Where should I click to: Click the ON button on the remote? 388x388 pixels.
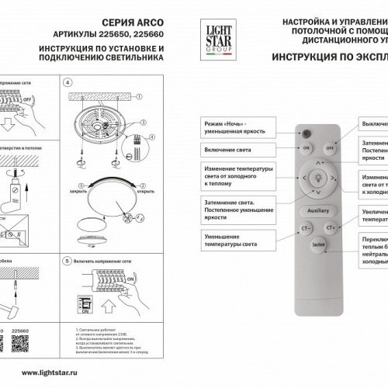(307, 147)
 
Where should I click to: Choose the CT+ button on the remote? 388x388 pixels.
(330, 228)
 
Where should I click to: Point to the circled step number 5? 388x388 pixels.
(66, 263)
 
